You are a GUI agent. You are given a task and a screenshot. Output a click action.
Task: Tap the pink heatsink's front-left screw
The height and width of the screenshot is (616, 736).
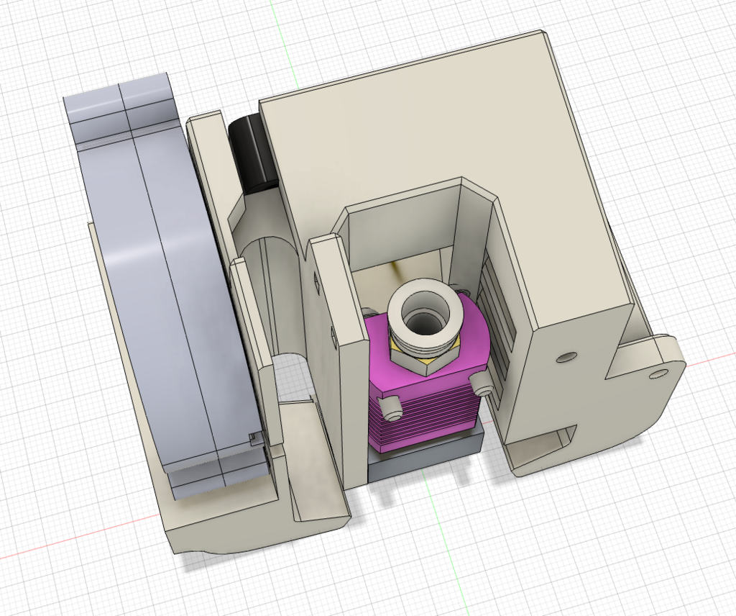392,409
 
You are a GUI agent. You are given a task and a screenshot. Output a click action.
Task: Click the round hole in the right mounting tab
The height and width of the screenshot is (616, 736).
657,374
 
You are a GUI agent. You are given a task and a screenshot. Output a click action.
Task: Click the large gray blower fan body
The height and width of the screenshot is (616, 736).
172,288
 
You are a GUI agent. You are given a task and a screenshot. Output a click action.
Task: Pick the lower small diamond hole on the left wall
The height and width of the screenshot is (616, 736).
333,335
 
